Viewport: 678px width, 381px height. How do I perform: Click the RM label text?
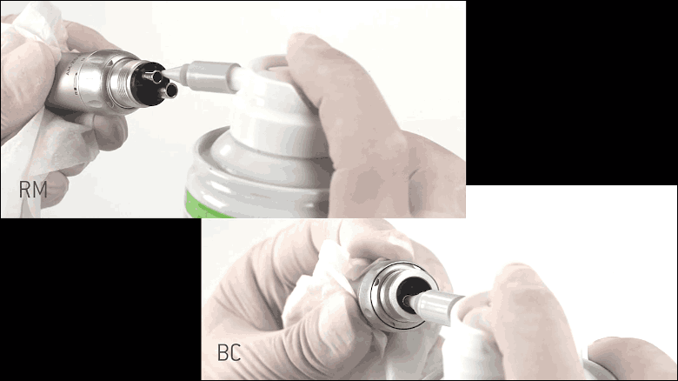click(x=33, y=190)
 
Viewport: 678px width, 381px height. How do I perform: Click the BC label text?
click(x=229, y=353)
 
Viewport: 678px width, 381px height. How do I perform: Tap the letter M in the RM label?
click(x=40, y=190)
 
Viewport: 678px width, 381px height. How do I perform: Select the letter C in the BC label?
click(x=236, y=353)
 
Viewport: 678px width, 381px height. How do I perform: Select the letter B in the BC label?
click(x=223, y=353)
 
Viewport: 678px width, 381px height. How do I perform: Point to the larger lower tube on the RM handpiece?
click(x=169, y=90)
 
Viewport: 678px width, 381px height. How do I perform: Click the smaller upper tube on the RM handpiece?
click(x=154, y=77)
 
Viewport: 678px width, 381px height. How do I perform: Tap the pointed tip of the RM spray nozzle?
click(x=164, y=75)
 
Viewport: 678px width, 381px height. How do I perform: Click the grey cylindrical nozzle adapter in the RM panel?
click(x=213, y=77)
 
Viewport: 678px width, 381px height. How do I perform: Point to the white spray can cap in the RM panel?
click(x=276, y=108)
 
